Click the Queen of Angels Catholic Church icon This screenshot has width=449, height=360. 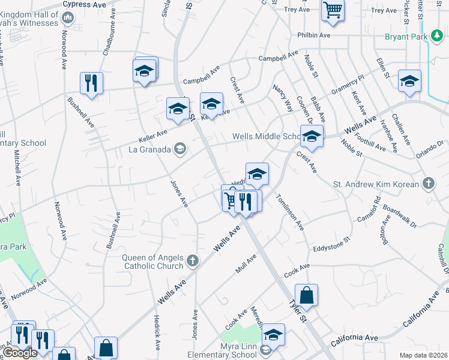point(192,260)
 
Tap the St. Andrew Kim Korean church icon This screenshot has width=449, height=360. point(428,182)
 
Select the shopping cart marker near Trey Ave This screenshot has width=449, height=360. point(332,10)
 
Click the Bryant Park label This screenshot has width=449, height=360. point(406,37)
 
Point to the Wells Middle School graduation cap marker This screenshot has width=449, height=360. point(312,137)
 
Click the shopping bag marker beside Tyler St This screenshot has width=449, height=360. point(306,295)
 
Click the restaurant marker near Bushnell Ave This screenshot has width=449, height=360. point(91,83)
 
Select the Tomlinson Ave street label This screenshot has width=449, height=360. point(290,212)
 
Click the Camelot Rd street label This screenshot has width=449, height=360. point(369,208)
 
